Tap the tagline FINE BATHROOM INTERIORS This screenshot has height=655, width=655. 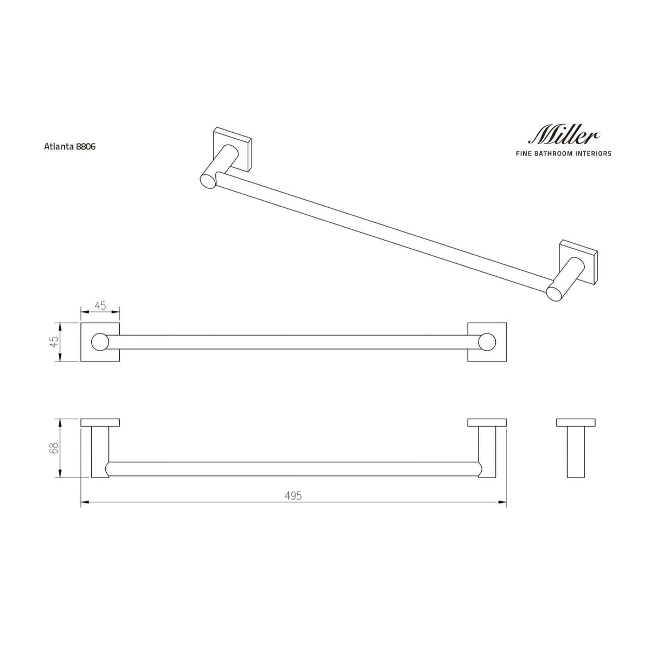[x=563, y=154]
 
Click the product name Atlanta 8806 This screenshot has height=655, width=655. [x=70, y=146]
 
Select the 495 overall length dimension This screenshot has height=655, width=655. [x=294, y=496]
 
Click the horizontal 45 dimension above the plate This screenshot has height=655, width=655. [x=100, y=305]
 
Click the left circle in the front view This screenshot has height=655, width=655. [x=100, y=342]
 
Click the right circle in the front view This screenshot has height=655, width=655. [x=487, y=342]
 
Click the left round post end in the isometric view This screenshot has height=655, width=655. [x=208, y=180]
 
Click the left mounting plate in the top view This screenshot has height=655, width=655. [x=100, y=422]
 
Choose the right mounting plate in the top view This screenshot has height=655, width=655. [x=487, y=422]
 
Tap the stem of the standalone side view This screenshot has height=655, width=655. [x=576, y=452]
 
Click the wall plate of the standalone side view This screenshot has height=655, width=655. [x=576, y=422]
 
